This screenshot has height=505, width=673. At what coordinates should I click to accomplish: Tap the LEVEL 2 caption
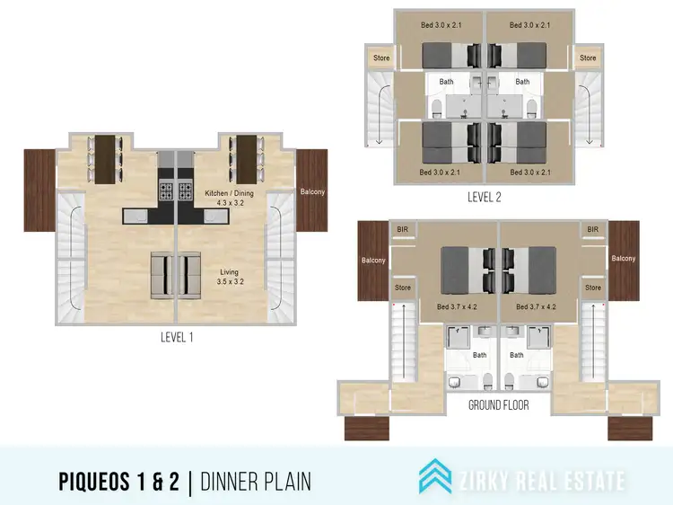tap(484, 198)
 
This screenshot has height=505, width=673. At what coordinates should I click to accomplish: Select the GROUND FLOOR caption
tap(498, 405)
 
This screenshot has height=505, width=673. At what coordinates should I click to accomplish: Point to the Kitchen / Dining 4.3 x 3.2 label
tap(224, 198)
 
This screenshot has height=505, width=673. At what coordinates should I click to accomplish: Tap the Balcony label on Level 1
tap(312, 191)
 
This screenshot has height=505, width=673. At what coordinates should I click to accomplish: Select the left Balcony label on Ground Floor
tap(372, 261)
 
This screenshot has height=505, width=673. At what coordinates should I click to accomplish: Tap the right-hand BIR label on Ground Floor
tap(592, 230)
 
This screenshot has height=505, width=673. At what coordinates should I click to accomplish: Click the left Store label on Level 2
tap(380, 58)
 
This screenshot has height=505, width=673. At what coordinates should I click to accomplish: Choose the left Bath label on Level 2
tap(446, 82)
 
